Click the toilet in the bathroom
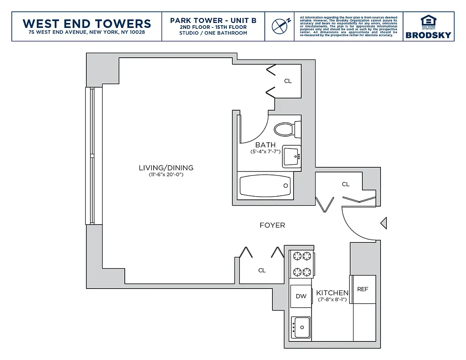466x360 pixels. point(285,130)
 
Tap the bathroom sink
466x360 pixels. point(291,157)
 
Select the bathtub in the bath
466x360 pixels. point(265,185)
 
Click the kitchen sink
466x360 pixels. point(300,327)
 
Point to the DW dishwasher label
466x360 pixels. point(301,296)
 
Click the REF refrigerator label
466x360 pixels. point(362,289)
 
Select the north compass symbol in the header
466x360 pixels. point(280,26)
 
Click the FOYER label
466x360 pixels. point(272,225)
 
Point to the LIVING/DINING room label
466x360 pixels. point(166,168)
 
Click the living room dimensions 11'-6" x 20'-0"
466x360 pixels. point(166,175)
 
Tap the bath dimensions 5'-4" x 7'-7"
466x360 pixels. point(265,152)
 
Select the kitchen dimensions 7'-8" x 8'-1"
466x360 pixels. point(332,300)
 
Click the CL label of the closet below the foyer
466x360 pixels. point(262,270)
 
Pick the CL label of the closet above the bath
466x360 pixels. point(288,81)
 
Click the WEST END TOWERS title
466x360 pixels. point(86,23)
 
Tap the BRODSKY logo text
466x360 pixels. point(428,35)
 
